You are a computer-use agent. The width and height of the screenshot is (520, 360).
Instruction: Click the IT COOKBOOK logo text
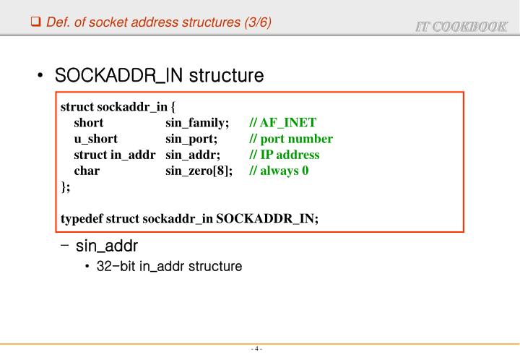click(x=461, y=27)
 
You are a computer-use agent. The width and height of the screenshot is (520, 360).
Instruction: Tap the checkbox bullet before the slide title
click(x=35, y=22)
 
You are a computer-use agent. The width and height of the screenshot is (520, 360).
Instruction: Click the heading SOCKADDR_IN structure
click(x=160, y=75)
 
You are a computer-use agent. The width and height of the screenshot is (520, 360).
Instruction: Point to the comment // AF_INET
click(x=282, y=123)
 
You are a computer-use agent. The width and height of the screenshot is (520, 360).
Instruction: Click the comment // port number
click(x=291, y=139)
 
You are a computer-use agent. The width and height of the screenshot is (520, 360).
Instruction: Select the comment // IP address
click(x=284, y=155)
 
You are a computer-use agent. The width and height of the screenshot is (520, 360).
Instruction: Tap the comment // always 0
click(x=279, y=171)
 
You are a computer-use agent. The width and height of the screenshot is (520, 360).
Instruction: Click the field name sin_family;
click(x=197, y=123)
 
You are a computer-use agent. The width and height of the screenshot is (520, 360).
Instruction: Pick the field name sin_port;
click(x=191, y=139)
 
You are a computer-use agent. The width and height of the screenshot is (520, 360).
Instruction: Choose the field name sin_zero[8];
click(x=199, y=171)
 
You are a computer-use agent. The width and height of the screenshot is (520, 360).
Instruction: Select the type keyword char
click(x=87, y=171)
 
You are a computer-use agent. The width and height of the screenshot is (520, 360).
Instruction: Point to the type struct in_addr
click(x=115, y=155)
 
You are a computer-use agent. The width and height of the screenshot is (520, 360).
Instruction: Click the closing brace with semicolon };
click(x=66, y=187)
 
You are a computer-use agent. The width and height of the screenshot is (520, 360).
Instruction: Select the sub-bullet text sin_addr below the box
click(x=107, y=247)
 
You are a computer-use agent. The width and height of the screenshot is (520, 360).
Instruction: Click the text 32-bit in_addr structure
click(x=169, y=267)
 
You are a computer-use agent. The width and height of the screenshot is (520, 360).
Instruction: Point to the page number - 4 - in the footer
click(x=256, y=349)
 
